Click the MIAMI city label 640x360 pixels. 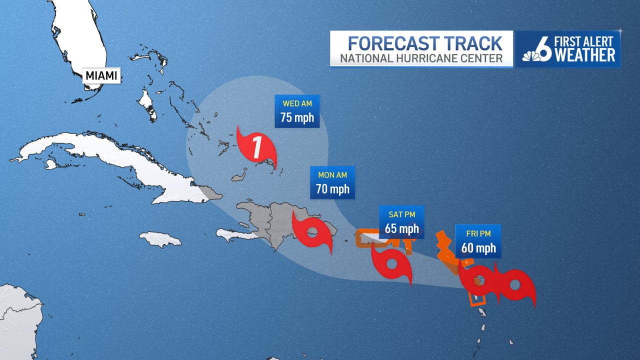click(x=101, y=76)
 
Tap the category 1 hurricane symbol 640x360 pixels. click(x=256, y=146)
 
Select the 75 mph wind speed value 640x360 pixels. click(x=297, y=119)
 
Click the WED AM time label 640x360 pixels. click(x=297, y=104)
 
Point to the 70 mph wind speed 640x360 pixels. click(x=332, y=190)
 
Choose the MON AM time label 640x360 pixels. click(x=332, y=175)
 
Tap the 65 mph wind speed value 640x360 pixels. click(x=401, y=229)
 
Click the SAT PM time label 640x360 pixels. click(x=401, y=214)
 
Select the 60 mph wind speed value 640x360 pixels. click(x=478, y=248)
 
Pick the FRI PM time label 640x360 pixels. click(x=478, y=233)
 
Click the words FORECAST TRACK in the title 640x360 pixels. click(x=425, y=43)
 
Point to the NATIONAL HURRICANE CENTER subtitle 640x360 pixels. click(x=421, y=58)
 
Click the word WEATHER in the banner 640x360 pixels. click(x=585, y=55)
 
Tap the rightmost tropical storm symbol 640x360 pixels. click(x=515, y=286)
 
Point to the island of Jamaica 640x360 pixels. click(x=160, y=239)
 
